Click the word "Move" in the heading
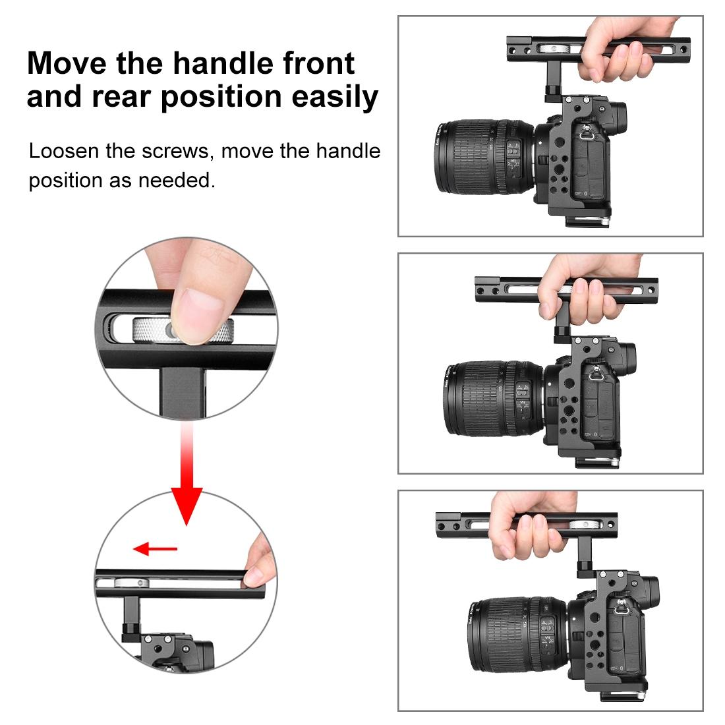[x=66, y=64]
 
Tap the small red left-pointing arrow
[x=154, y=548]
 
